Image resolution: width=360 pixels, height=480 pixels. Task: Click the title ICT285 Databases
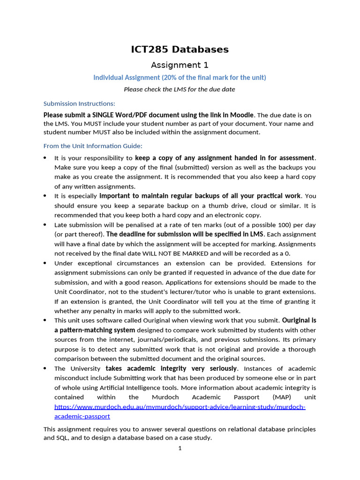180,49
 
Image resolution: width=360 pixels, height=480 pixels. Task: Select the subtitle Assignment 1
180,65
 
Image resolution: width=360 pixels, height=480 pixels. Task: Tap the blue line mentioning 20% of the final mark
180,77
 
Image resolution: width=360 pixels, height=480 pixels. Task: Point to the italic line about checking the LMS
180,89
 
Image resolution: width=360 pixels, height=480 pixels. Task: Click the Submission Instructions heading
79,104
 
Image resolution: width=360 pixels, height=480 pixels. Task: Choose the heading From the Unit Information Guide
93,146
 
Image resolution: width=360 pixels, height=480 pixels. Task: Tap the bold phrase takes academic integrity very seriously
172,368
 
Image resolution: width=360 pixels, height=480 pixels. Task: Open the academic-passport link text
82,416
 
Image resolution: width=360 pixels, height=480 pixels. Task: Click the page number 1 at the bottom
180,449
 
